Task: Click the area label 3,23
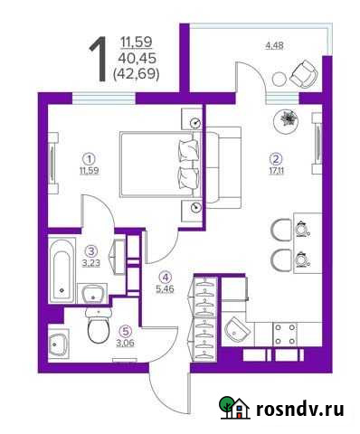90,262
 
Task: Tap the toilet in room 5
97,327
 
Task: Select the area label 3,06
125,341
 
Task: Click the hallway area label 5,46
165,290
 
